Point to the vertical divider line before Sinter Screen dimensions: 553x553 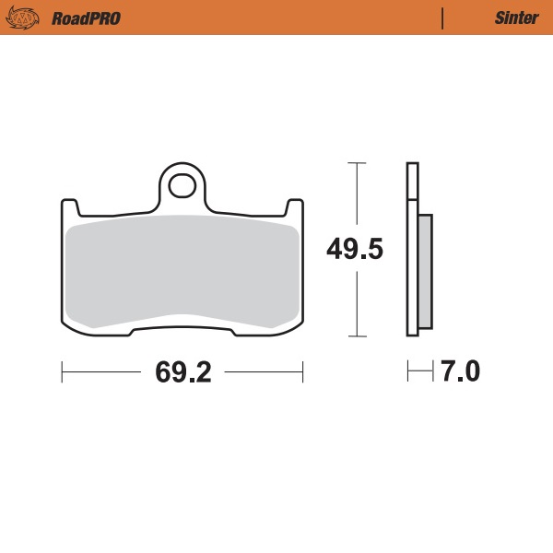pos(443,18)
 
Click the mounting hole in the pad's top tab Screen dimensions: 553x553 pos(183,185)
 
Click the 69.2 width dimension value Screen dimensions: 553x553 pos(183,372)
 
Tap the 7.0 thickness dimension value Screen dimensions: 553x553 pos(460,372)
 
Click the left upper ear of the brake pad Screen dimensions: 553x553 pos(68,206)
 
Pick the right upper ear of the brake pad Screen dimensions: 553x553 pos(296,206)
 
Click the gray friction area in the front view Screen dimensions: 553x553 pos(182,272)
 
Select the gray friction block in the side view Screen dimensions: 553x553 pos(424,271)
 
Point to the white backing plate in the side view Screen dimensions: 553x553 pos(412,249)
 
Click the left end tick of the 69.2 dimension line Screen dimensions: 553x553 pos(62,372)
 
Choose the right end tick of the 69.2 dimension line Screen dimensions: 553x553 pos(303,372)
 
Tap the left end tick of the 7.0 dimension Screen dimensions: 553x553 pos(408,372)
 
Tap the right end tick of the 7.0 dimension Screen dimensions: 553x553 pos(431,372)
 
